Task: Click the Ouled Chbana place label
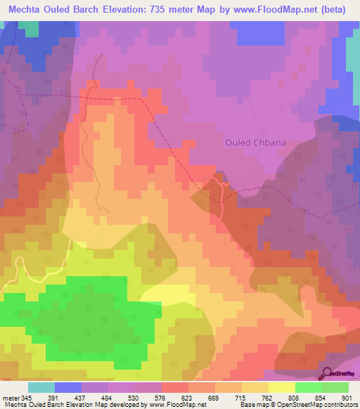click(x=255, y=143)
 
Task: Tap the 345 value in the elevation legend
click(x=27, y=398)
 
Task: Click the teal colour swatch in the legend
click(x=41, y=387)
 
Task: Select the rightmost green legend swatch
click(x=335, y=387)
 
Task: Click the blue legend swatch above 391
click(x=67, y=387)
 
